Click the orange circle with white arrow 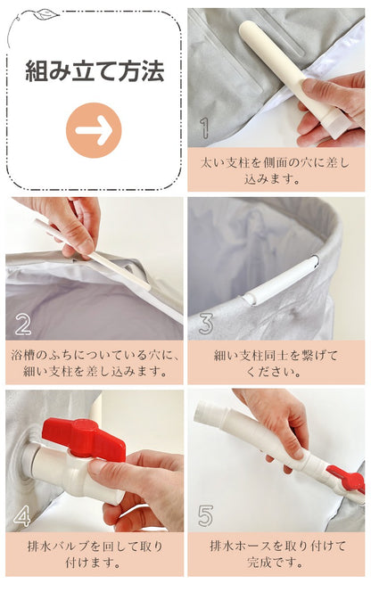(x=94, y=130)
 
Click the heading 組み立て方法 (x=94, y=71)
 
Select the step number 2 (x=23, y=323)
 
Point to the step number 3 (x=205, y=323)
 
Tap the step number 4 (x=23, y=515)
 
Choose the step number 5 (x=205, y=515)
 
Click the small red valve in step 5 (x=346, y=479)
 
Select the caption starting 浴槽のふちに (x=94, y=363)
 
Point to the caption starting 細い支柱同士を (x=276, y=363)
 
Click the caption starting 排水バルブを (x=94, y=554)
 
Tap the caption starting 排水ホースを (x=276, y=554)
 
